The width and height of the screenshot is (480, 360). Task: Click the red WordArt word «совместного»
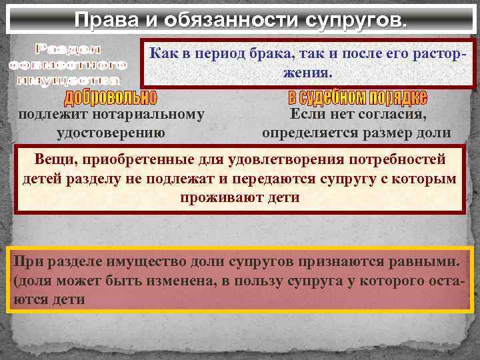coord(67,65)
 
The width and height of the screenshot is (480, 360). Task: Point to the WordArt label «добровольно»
coord(111,98)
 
